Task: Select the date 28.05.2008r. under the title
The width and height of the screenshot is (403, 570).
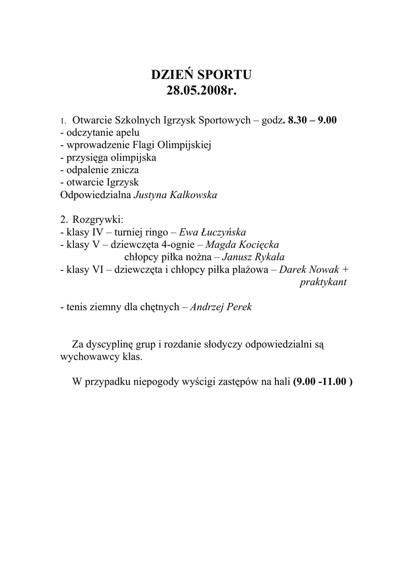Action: tap(201, 91)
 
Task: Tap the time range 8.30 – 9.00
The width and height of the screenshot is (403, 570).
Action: tap(313, 120)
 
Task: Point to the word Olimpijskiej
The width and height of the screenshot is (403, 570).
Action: tap(185, 145)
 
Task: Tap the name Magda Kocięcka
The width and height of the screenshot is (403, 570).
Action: tap(243, 245)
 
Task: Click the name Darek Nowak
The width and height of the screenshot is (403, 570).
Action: tap(309, 269)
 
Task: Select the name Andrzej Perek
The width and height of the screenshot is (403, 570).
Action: tap(221, 307)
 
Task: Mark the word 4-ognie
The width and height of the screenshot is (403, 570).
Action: tap(177, 245)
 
